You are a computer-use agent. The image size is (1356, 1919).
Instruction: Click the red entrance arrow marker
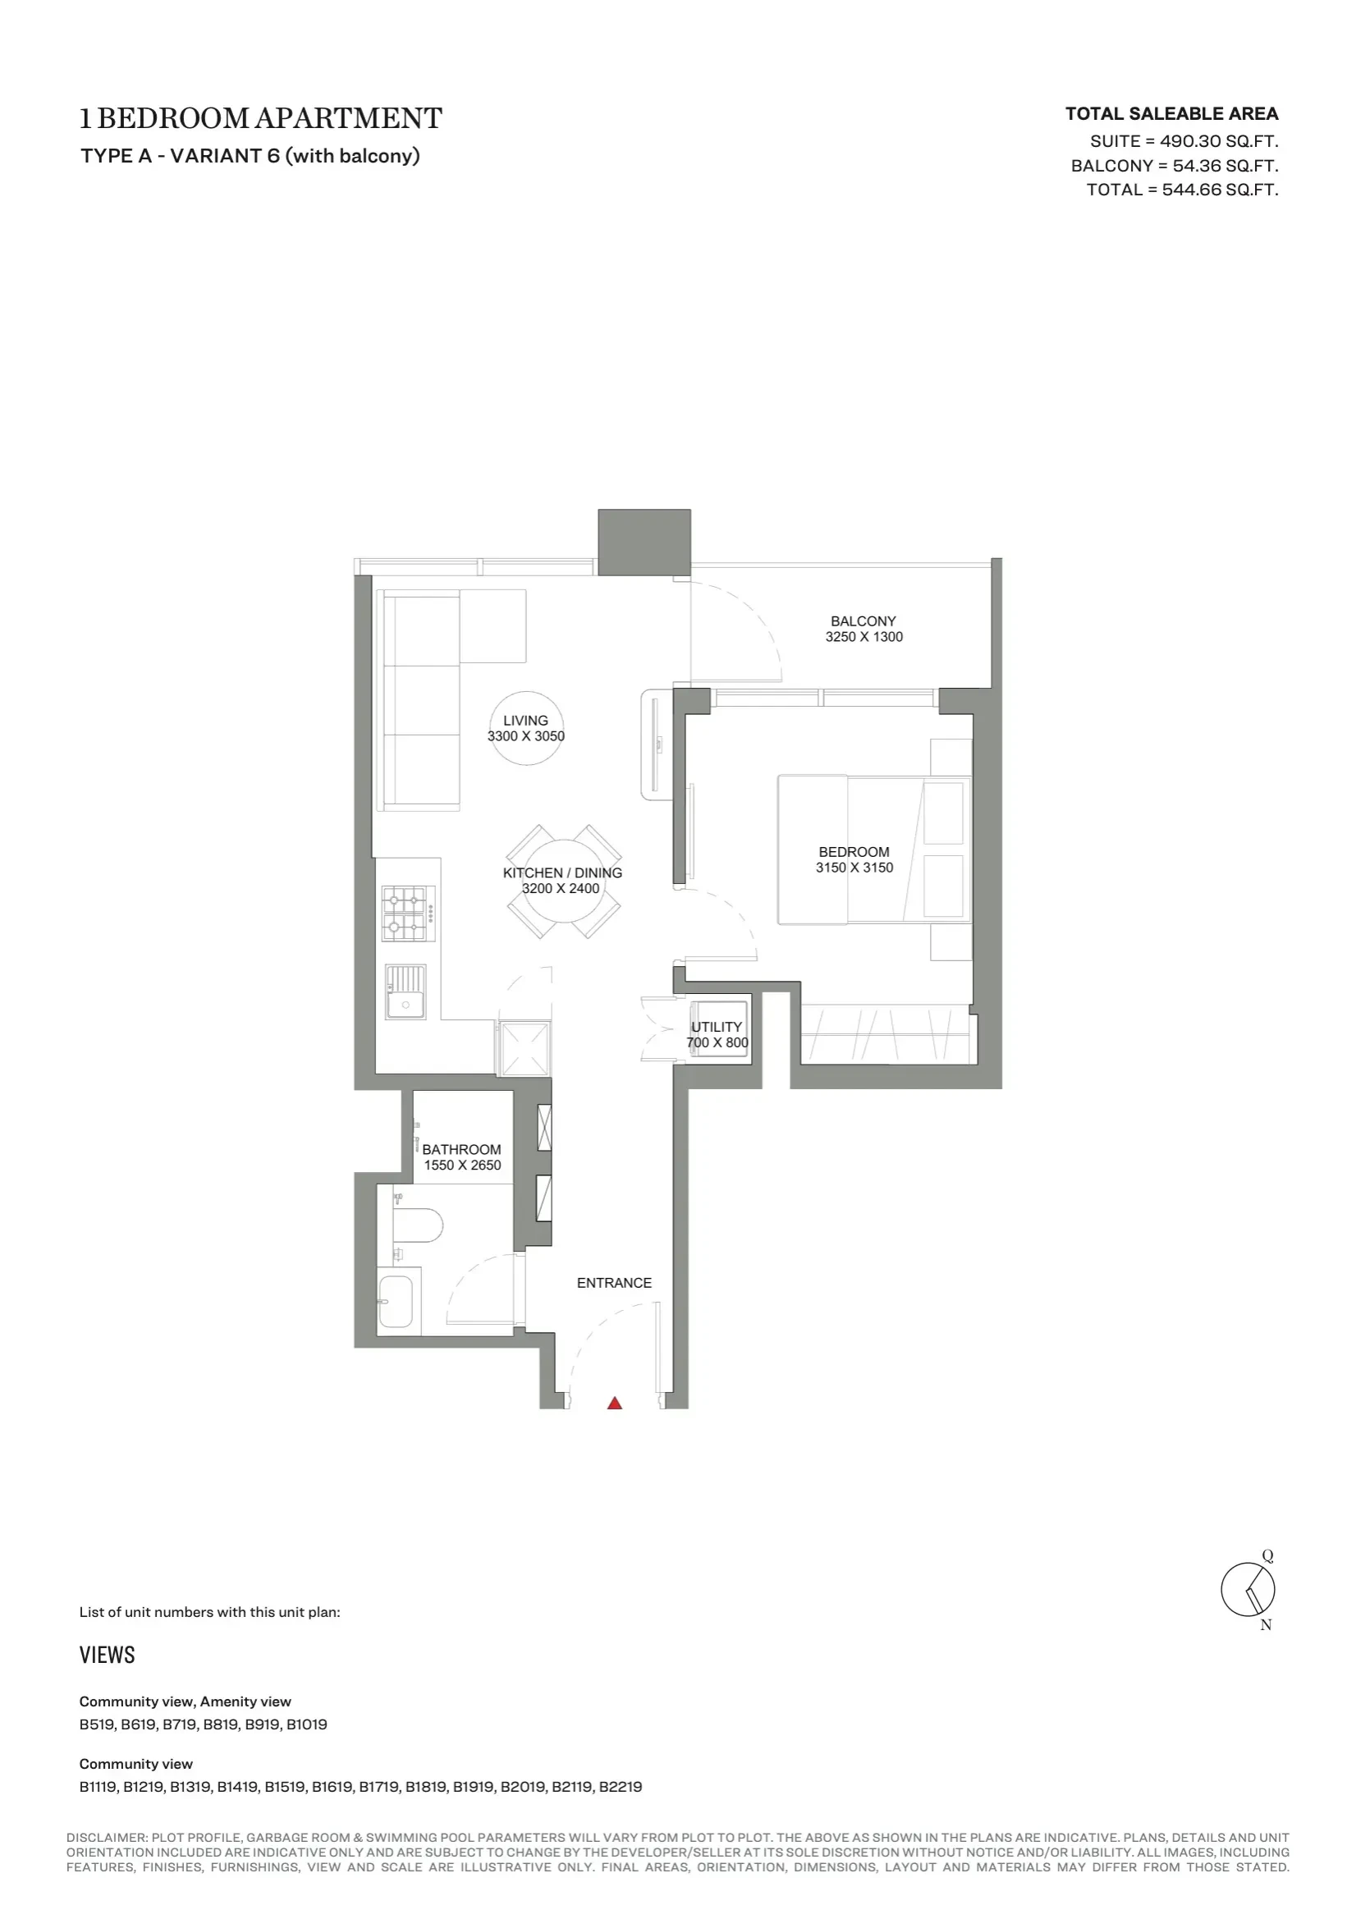[615, 1404]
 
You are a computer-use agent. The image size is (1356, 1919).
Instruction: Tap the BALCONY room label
[863, 621]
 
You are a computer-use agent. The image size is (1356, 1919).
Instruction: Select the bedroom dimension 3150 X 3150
[854, 868]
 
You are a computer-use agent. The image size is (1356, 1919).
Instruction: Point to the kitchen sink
[405, 992]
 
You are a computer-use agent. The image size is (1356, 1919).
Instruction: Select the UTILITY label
[717, 1026]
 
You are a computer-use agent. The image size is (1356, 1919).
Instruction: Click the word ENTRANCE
[614, 1283]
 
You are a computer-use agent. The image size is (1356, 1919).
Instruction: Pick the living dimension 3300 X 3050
[526, 736]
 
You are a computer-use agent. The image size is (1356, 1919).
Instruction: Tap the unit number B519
[96, 1724]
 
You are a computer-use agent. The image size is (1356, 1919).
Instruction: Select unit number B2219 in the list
[621, 1787]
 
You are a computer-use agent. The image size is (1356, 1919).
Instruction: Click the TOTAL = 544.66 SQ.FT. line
[1182, 190]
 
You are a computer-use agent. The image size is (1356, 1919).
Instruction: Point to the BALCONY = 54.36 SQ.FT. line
[1175, 166]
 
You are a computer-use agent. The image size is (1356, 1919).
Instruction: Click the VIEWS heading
[107, 1656]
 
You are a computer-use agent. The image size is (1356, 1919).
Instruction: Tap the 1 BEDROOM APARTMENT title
[261, 119]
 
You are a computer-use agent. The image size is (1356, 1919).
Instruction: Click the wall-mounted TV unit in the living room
[657, 744]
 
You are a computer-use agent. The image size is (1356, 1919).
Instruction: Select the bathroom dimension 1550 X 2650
[462, 1166]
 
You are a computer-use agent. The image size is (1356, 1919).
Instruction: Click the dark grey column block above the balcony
[644, 542]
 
